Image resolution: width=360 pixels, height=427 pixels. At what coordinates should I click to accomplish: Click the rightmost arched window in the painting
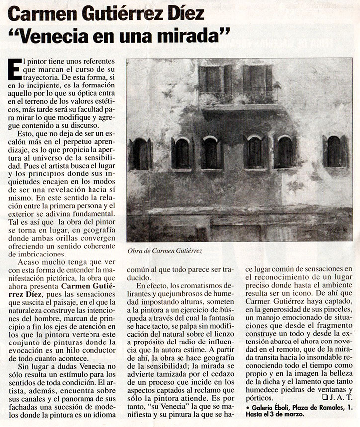pos(334,151)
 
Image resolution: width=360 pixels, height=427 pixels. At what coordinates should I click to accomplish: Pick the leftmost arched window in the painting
pos(140,154)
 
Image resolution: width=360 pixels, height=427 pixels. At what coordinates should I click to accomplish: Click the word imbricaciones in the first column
pos(37,254)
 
